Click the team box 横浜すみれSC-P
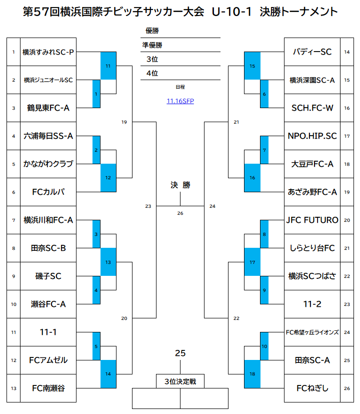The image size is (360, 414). coord(48,52)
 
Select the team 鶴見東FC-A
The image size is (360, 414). coord(48,108)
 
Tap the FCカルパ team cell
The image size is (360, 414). coord(48,192)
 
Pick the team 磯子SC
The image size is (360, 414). coord(48,276)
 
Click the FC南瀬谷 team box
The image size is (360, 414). coord(48,388)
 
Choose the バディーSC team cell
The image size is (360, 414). coord(312,52)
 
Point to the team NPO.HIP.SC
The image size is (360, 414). coord(312,136)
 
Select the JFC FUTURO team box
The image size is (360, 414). coord(312,220)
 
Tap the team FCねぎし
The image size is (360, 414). coord(312,388)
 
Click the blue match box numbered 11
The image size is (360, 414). coord(108,66)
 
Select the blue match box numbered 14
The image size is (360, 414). coord(108,374)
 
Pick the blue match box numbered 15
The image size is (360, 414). coord(252,66)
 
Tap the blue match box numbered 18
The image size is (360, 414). coord(252,374)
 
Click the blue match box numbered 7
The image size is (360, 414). coord(264,150)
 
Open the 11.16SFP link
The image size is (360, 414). coord(180,101)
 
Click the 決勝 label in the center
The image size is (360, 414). coord(180,185)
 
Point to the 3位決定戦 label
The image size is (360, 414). coord(180,381)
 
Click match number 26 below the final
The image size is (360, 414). coord(180,213)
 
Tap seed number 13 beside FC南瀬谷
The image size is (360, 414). coord(14,388)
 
